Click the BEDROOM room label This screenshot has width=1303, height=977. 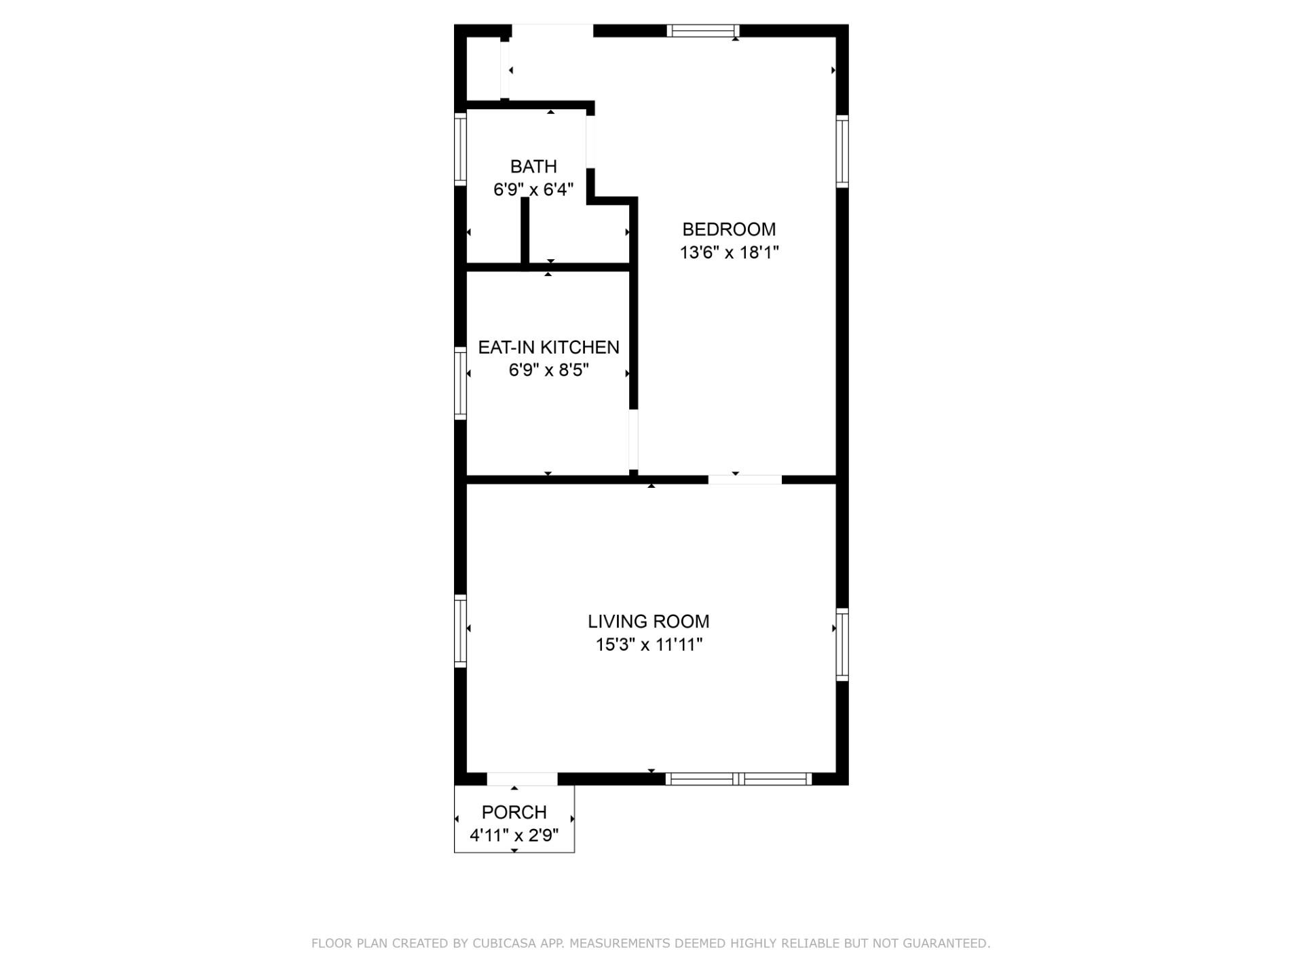[729, 229]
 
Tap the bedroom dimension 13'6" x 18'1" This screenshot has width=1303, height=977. [729, 252]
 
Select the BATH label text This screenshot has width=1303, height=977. [533, 166]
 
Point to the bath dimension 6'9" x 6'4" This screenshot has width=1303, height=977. [533, 189]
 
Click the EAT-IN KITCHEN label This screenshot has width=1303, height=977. [548, 347]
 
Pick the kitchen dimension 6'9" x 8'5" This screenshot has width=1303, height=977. [548, 370]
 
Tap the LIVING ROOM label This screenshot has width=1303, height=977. [648, 621]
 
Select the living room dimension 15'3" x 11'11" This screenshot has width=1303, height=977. [648, 645]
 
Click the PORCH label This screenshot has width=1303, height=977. [514, 812]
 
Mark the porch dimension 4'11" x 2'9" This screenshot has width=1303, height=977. [514, 835]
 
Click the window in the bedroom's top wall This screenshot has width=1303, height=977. [702, 31]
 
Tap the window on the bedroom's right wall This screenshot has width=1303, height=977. [842, 151]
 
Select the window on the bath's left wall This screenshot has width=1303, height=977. [460, 149]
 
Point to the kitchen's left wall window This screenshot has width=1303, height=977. [460, 383]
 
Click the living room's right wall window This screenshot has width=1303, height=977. [842, 645]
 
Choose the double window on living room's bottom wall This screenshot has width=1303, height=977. [738, 779]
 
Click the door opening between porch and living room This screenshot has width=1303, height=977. [522, 779]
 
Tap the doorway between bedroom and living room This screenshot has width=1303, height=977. [744, 480]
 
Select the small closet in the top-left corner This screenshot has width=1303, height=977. [483, 68]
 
